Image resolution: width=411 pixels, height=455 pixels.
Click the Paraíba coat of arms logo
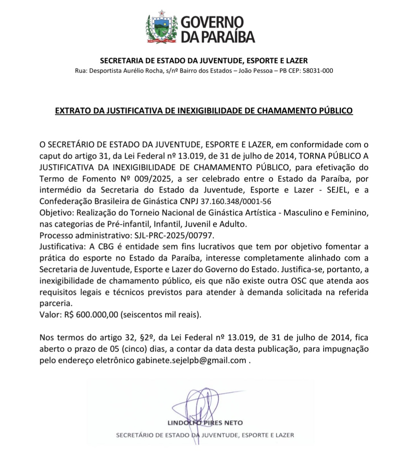point(161,27)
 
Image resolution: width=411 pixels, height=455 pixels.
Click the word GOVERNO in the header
point(212,22)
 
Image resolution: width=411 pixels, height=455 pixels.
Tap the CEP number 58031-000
point(318,71)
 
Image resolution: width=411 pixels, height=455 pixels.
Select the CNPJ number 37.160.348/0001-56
point(236,201)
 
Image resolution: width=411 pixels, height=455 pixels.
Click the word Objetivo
point(55,213)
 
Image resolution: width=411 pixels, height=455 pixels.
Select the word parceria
point(55,304)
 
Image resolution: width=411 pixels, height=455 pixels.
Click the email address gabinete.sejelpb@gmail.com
point(191,360)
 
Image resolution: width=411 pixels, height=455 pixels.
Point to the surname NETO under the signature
point(233,423)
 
